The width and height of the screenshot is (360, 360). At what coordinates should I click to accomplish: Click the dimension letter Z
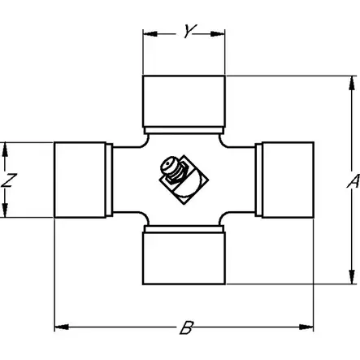9,180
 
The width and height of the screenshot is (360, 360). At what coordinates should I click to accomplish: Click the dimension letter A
353,181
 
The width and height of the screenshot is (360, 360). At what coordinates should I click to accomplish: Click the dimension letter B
187,327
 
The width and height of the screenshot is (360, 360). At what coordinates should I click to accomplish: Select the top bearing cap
184,102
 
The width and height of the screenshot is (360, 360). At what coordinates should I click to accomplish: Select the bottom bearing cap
184,258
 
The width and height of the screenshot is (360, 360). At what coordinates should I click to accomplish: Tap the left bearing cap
80,180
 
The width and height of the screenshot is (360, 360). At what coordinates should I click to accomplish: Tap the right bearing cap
288,180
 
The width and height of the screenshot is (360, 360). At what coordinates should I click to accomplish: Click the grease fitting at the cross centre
184,180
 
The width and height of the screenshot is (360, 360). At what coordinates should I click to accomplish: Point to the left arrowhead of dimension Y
150,34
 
